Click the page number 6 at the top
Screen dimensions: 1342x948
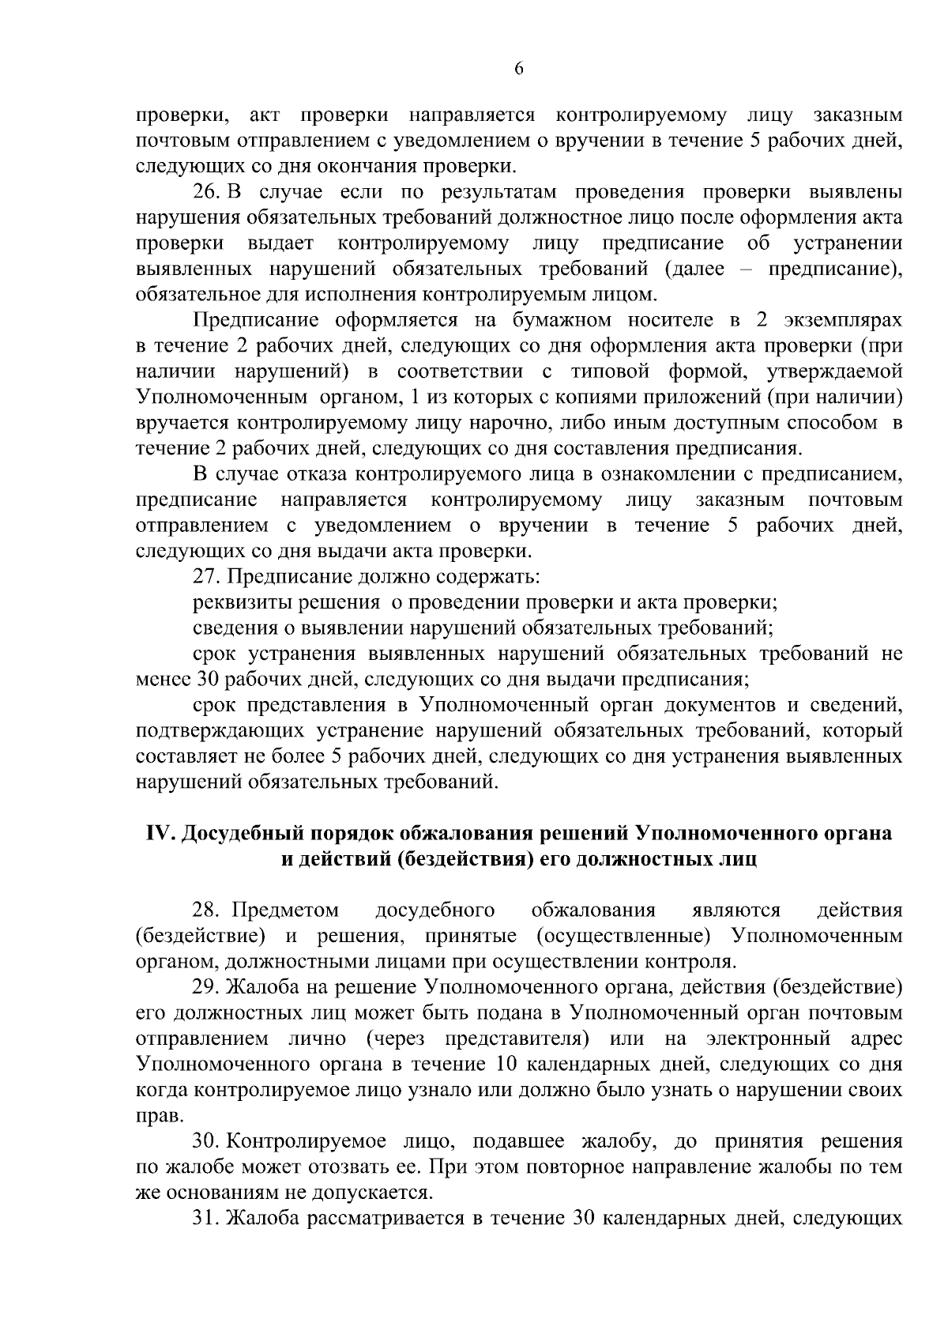[x=519, y=68]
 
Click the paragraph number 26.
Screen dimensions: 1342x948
[x=208, y=192]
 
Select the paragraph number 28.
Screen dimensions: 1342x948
[x=208, y=910]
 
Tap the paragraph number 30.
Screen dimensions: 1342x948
[x=208, y=1141]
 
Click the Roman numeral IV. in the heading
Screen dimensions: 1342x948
[x=162, y=834]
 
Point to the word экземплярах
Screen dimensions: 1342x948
[x=843, y=320]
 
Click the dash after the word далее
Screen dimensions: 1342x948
[x=739, y=269]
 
